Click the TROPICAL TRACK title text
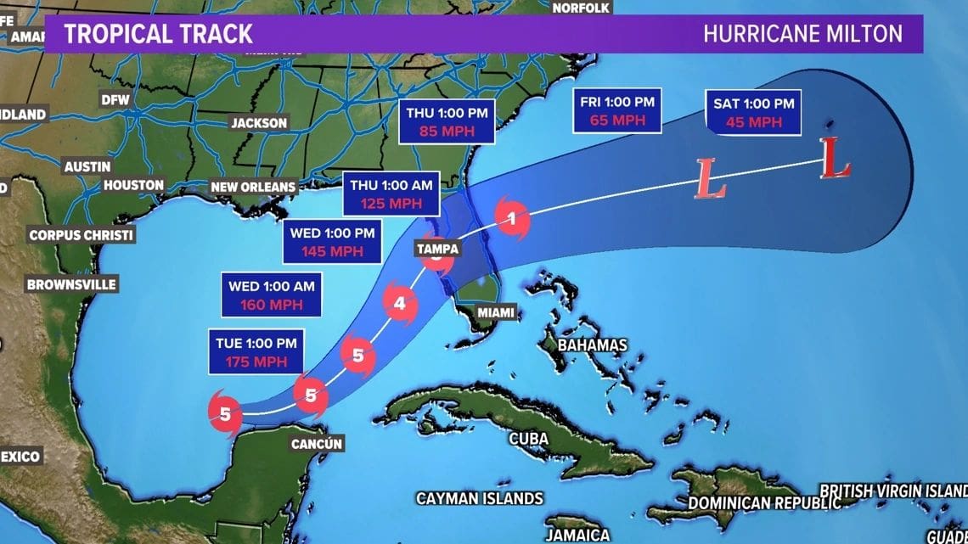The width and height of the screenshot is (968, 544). [x=158, y=34]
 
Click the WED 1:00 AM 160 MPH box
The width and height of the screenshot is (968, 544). [x=271, y=295]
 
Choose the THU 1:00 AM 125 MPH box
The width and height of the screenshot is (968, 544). [x=390, y=194]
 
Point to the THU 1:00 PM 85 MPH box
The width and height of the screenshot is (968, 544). [x=439, y=122]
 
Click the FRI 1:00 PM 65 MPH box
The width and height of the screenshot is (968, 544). [x=617, y=111]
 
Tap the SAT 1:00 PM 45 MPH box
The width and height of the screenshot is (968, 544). [x=754, y=113]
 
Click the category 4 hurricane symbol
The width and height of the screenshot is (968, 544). [x=400, y=301]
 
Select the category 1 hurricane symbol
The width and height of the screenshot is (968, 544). [x=511, y=219]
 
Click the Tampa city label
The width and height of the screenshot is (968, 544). [x=437, y=249]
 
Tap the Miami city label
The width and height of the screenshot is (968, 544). [x=495, y=312]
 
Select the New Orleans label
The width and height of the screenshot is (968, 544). [x=253, y=187]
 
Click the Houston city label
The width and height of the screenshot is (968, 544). [x=133, y=185]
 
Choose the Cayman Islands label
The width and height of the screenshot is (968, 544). [x=479, y=498]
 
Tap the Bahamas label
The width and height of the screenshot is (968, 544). [x=593, y=345]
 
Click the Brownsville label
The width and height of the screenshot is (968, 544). [x=71, y=284]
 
